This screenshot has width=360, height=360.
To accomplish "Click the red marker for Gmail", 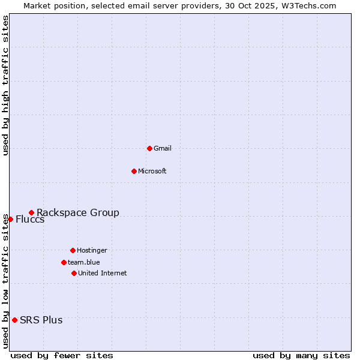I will (x=149, y=148).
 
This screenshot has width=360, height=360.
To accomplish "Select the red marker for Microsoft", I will (x=134, y=171).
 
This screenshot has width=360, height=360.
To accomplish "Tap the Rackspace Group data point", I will (x=31, y=212).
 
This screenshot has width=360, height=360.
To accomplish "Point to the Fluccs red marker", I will (x=10, y=219).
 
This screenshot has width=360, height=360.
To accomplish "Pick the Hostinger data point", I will (x=73, y=250).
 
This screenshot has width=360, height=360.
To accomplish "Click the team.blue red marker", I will (x=64, y=262).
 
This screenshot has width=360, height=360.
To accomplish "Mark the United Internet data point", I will (x=74, y=273).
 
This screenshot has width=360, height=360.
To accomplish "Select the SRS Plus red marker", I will (x=14, y=320).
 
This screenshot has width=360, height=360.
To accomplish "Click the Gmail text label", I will (x=163, y=148).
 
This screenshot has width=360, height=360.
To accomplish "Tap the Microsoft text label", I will (x=152, y=171).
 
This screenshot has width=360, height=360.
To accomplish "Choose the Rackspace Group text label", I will (x=78, y=212).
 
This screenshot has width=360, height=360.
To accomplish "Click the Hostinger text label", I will (x=92, y=250).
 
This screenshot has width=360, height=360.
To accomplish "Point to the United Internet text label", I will (x=103, y=273).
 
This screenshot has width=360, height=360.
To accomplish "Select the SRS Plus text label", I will (x=41, y=320).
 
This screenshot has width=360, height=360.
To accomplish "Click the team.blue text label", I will (x=84, y=262).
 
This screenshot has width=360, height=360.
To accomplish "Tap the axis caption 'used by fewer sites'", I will (x=62, y=355).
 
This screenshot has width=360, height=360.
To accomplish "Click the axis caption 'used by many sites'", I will (x=301, y=355).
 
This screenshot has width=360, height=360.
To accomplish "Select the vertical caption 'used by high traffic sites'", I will (x=5, y=85).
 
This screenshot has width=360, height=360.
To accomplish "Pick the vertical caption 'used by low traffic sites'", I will (x=5, y=281).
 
